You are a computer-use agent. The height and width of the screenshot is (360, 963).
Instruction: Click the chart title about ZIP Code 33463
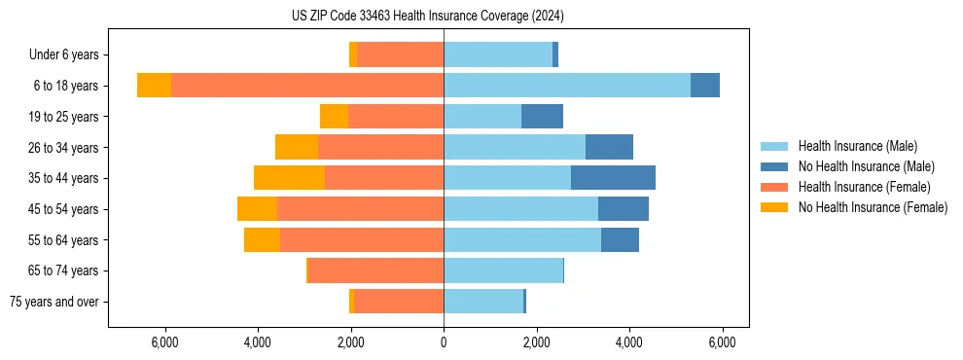[x=428, y=17]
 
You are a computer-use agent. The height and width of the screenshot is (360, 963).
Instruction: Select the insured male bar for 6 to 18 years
[x=567, y=86]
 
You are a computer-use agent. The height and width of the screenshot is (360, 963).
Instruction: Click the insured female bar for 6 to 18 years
[x=307, y=86]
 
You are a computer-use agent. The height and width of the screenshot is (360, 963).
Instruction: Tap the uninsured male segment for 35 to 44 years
[x=613, y=178]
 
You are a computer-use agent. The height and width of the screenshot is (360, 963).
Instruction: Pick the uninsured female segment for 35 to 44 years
[x=289, y=178]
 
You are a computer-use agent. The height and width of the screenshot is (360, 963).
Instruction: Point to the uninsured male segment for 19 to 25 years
[x=542, y=117]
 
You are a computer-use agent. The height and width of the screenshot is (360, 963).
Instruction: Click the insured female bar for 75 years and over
[x=399, y=302]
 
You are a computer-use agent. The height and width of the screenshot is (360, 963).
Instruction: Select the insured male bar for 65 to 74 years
[x=503, y=270]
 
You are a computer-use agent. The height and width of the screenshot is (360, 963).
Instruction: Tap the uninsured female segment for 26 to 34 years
[x=297, y=147]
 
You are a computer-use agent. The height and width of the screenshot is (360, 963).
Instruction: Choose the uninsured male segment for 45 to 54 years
[x=624, y=209]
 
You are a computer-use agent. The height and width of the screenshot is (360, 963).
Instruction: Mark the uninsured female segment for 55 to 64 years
[x=262, y=239]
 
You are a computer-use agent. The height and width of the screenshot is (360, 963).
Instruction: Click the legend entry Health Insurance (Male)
[x=857, y=146]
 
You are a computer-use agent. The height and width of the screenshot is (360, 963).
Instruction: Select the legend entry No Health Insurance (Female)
[x=873, y=207]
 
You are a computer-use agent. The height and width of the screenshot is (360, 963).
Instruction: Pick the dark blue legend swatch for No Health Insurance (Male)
[x=775, y=166]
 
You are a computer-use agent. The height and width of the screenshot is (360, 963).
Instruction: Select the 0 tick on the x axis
[x=444, y=342]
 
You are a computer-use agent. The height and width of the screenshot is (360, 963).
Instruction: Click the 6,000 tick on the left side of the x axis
[x=165, y=342]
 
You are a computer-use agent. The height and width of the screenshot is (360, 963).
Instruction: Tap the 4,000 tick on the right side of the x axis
[x=629, y=342]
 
